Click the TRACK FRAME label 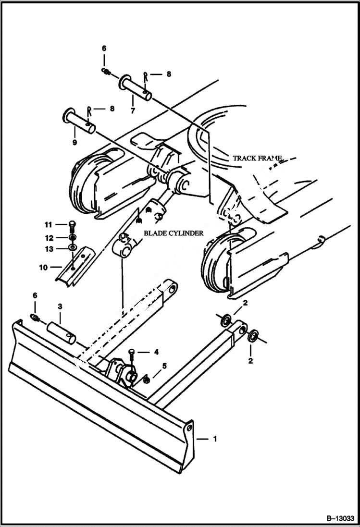pos(257,158)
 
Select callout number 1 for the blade pos(214,439)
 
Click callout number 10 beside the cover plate pos(44,267)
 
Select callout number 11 pos(48,224)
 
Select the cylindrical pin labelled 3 pos(61,332)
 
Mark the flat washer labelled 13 pos(72,247)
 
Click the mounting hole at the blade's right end pos(190,427)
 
